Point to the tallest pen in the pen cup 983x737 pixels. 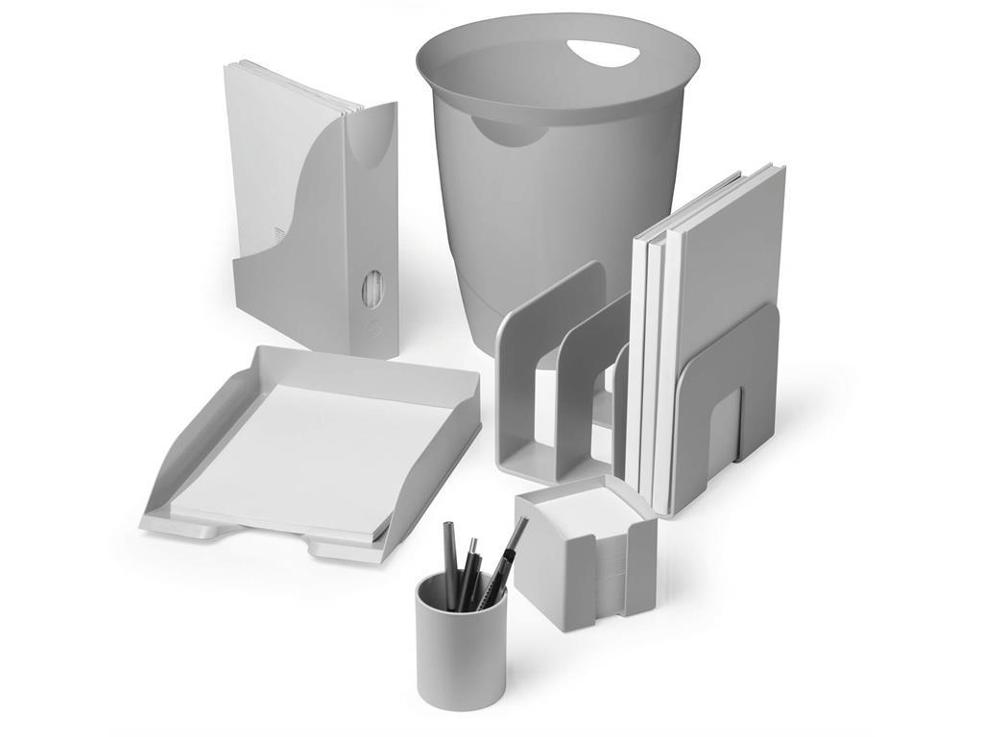[508, 557]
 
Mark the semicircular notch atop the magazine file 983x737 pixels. [369, 139]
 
